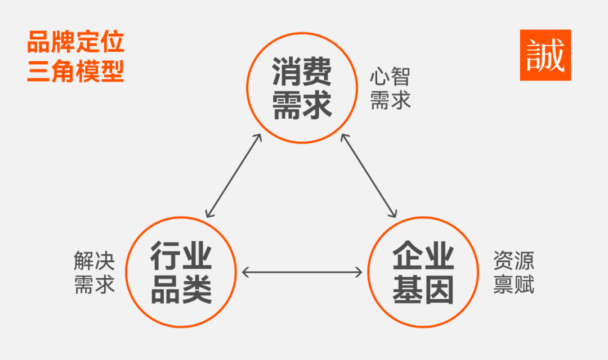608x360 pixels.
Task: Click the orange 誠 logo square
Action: [x=545, y=55]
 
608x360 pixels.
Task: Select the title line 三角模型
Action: [x=75, y=72]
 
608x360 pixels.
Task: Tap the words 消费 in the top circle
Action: [x=302, y=71]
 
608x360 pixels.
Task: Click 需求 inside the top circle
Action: [x=302, y=104]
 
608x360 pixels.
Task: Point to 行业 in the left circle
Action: [x=181, y=256]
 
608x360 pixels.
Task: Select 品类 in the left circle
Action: [x=181, y=290]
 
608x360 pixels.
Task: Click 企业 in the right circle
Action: [x=423, y=256]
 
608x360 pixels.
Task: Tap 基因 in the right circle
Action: [x=423, y=290]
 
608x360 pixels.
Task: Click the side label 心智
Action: [x=390, y=76]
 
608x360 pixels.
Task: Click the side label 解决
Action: [x=94, y=261]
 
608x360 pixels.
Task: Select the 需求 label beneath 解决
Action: [x=94, y=284]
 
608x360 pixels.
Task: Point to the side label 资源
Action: [x=513, y=261]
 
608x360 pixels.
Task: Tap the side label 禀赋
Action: [x=513, y=284]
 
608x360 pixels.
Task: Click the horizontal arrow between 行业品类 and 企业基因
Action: [x=302, y=272]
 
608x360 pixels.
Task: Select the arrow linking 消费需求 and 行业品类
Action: [x=234, y=176]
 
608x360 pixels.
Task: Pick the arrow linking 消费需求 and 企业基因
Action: [x=369, y=176]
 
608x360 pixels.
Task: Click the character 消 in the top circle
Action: [x=287, y=71]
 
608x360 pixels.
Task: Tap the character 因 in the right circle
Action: [x=439, y=290]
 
